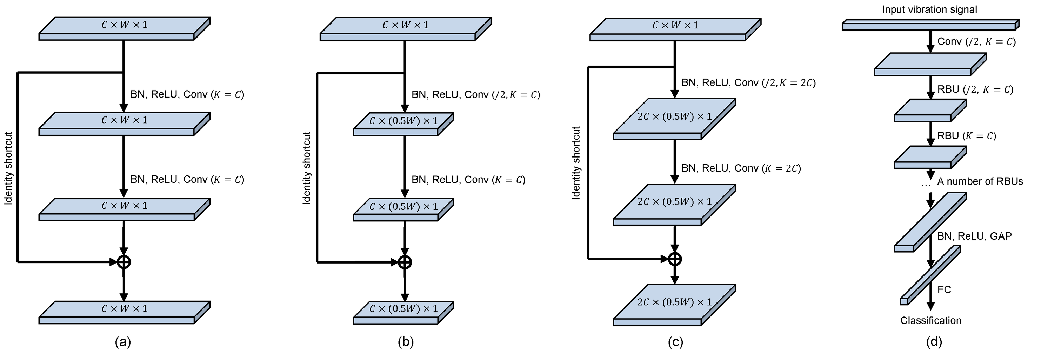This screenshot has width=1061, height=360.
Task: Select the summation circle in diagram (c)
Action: tap(675, 259)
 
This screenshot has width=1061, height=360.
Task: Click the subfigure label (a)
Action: tap(123, 342)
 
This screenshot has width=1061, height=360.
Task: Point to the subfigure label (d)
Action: tap(934, 342)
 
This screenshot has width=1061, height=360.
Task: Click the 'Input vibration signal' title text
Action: tap(929, 9)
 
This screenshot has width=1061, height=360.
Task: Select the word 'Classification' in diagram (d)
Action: tap(930, 320)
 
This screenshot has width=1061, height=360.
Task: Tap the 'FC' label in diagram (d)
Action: tap(944, 289)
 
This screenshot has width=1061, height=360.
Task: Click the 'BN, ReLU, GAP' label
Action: tap(974, 236)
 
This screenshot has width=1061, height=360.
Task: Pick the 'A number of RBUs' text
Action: tap(980, 181)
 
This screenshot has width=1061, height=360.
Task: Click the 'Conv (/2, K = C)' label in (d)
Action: tap(976, 42)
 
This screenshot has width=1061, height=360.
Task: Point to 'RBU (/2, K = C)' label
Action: tap(975, 89)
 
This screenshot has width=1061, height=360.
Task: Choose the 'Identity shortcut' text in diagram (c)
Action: tap(576, 163)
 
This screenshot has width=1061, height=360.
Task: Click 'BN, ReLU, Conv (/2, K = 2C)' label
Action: tap(748, 83)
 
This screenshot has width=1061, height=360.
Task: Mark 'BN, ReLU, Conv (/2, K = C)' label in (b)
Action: tap(475, 95)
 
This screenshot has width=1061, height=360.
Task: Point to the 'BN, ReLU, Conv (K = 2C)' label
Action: tap(741, 168)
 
